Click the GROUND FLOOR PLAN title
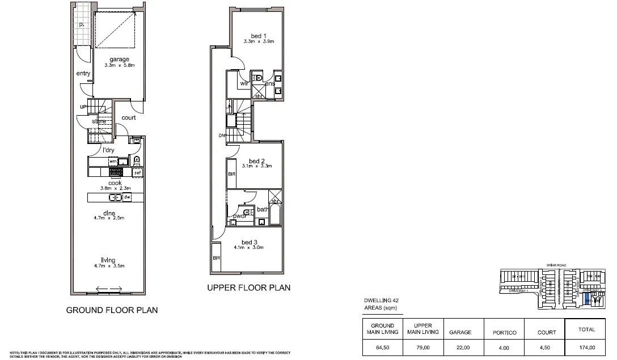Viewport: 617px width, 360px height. click(112, 310)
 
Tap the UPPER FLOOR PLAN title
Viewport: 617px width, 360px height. click(249, 288)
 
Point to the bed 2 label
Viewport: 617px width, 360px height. click(257, 161)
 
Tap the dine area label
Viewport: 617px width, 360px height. click(109, 213)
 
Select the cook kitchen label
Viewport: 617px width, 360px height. click(115, 183)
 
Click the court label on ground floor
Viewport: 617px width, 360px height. click(129, 118)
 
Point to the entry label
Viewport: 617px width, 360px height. click(83, 74)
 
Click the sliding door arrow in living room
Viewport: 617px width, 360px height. click(109, 290)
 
